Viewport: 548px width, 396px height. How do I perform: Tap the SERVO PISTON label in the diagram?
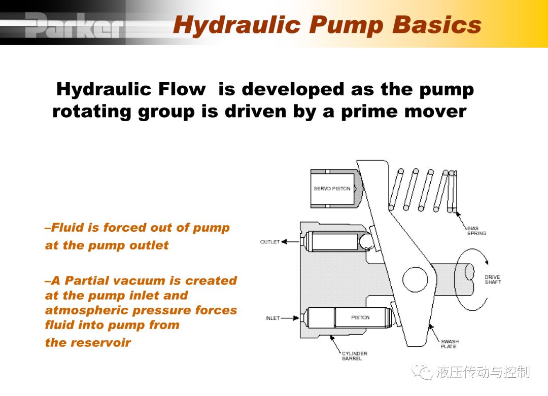332,189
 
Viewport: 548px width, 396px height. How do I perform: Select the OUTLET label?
269,242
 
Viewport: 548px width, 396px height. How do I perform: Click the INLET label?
272,318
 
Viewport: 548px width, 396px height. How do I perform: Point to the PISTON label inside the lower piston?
360,317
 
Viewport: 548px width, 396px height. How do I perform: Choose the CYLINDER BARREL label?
354,356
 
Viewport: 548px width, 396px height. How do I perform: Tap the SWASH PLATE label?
450,344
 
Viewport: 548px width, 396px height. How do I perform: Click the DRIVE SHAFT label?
493,279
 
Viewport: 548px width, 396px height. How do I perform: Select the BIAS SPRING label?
476,231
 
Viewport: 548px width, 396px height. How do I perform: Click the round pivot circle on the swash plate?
415,280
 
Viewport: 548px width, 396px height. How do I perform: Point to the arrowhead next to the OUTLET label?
284,242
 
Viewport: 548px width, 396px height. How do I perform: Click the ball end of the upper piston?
366,241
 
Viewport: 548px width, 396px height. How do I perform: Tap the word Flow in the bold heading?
181,89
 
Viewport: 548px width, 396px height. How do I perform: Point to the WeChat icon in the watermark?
422,372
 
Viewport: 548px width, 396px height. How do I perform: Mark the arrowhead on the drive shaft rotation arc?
487,262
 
